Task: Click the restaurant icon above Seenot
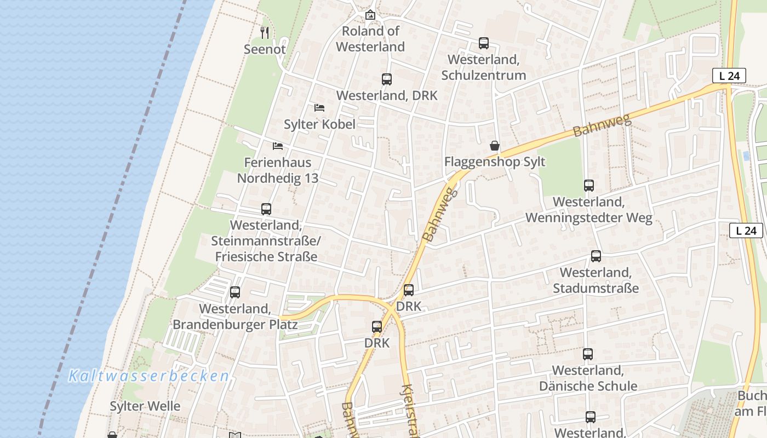(265, 32)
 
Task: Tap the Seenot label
(265, 49)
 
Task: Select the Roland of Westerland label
(370, 39)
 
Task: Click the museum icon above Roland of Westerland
(370, 15)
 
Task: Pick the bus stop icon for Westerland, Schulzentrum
(483, 43)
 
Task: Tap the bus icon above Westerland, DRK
(387, 79)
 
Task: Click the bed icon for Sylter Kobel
(319, 107)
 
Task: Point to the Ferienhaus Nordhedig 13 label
(278, 170)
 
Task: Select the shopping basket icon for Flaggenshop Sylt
(495, 146)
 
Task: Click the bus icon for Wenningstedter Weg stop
(589, 185)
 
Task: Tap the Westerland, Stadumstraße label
(596, 280)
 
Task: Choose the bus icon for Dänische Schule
(588, 354)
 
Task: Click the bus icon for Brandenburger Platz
(235, 292)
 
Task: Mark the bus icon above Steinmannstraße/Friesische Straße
(266, 209)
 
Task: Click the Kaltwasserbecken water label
(148, 376)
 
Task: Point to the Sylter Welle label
(145, 406)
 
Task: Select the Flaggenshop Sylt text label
(495, 162)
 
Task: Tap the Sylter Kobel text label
(319, 124)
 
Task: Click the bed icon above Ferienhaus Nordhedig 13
(278, 146)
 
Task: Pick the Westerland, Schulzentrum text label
(483, 67)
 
